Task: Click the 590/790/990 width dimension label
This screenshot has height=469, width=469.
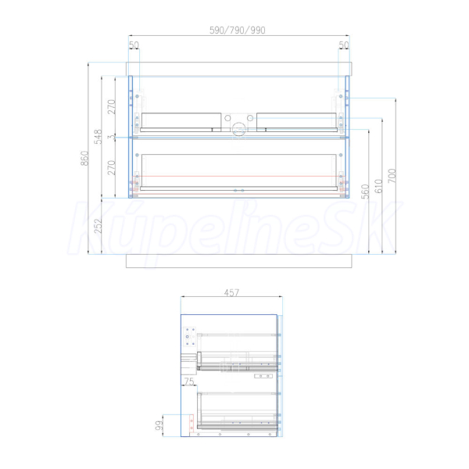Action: (x=237, y=30)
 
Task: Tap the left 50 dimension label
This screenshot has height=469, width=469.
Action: (x=134, y=45)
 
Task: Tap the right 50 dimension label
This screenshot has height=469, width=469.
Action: (x=344, y=45)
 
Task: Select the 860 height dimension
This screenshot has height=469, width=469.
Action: (x=84, y=158)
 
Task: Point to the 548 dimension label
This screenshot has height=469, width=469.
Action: (x=98, y=137)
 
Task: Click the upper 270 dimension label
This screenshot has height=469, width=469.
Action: (x=111, y=107)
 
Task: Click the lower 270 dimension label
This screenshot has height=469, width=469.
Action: (x=111, y=168)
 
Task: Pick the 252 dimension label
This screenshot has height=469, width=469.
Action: (x=98, y=226)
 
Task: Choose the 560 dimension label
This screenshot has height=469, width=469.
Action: (x=365, y=192)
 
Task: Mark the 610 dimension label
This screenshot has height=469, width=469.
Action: (x=378, y=186)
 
